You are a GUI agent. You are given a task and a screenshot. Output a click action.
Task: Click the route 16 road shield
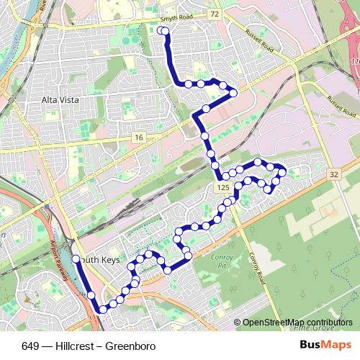point(138,136)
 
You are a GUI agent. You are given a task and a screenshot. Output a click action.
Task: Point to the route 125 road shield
point(222,187)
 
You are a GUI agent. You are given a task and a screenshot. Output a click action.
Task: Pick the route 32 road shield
point(333,174)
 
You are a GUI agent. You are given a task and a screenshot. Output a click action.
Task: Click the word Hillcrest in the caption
point(75,346)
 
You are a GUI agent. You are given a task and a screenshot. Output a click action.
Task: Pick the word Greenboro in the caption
point(130,346)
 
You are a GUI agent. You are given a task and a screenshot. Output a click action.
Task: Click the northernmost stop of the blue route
point(163,30)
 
